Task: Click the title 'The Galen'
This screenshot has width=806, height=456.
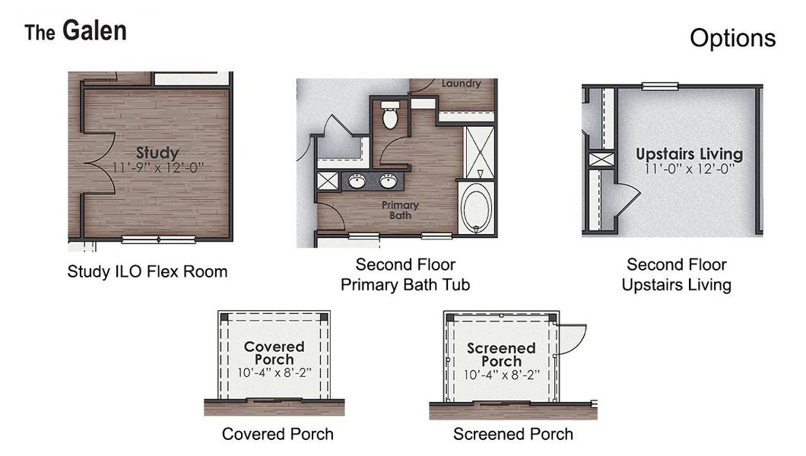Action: tap(75, 32)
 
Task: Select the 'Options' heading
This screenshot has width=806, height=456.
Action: tap(732, 38)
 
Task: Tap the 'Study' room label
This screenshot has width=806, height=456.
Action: tap(157, 153)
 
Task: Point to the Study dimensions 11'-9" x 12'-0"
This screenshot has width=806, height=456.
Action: tap(157, 166)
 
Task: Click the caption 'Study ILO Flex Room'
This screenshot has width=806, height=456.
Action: tap(148, 271)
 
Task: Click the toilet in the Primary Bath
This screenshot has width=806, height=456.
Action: tap(390, 116)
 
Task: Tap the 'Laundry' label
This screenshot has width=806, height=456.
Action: tap(461, 84)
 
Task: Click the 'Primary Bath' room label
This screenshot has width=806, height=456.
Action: tap(400, 210)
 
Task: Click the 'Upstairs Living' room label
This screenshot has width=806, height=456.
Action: tap(689, 154)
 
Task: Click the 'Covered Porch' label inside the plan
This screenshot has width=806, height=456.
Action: tap(274, 353)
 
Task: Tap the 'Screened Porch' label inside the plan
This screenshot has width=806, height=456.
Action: tap(501, 354)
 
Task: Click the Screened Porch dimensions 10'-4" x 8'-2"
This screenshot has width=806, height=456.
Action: tap(501, 374)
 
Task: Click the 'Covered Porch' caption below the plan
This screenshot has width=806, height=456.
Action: tap(278, 434)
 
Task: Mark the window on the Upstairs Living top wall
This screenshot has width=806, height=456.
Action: tap(659, 86)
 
